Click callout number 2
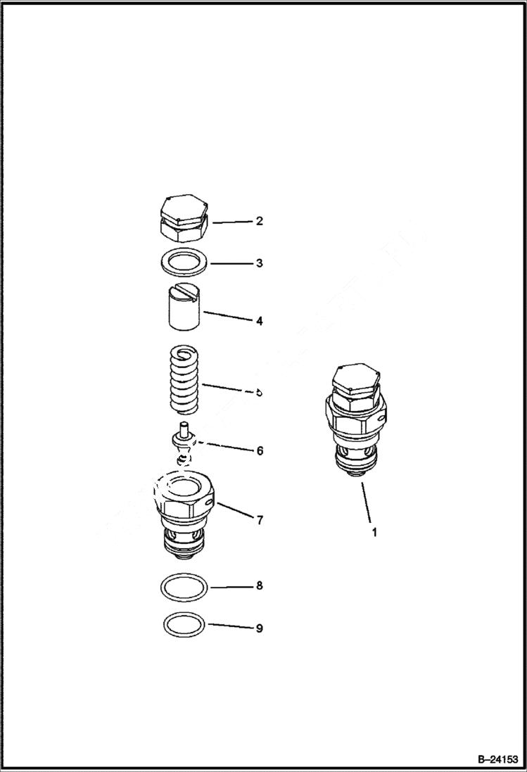click(x=259, y=221)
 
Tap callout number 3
click(x=259, y=263)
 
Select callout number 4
click(x=259, y=321)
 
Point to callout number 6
click(x=259, y=450)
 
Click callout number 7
click(x=259, y=520)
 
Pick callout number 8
click(x=259, y=586)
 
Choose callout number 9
click(x=259, y=628)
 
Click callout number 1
click(x=374, y=533)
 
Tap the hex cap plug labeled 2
click(x=183, y=217)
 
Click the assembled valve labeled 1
click(x=356, y=422)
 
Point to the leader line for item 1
click(x=368, y=502)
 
